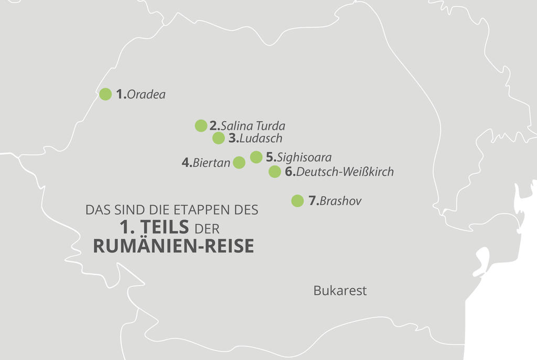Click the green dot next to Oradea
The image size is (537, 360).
(x=105, y=94)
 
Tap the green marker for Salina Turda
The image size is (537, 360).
(x=201, y=125)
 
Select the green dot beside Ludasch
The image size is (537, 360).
(x=219, y=138)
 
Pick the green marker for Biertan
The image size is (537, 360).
(x=239, y=162)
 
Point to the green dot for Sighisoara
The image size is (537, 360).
(x=256, y=157)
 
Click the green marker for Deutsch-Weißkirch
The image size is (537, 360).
(x=275, y=172)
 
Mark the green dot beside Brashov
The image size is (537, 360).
(x=297, y=201)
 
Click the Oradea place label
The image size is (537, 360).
(x=146, y=95)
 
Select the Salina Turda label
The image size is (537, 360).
(x=253, y=126)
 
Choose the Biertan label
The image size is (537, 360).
(x=211, y=163)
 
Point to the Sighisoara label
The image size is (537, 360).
(x=304, y=157)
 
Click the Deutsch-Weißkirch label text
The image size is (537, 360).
(x=345, y=172)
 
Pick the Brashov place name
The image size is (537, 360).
(x=340, y=201)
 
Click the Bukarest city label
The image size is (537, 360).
(x=340, y=291)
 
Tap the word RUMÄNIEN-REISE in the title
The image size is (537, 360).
(x=174, y=246)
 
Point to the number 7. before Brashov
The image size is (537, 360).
(x=314, y=201)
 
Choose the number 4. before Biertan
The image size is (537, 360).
(x=187, y=163)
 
